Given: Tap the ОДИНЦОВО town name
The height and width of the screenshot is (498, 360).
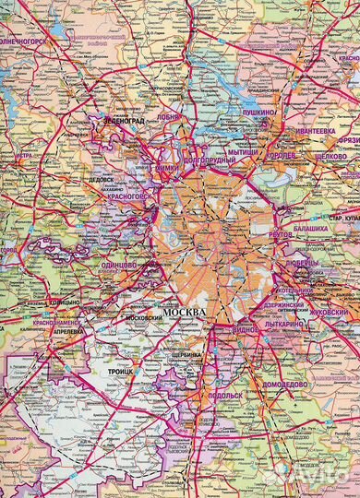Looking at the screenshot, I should [x=119, y=265].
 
